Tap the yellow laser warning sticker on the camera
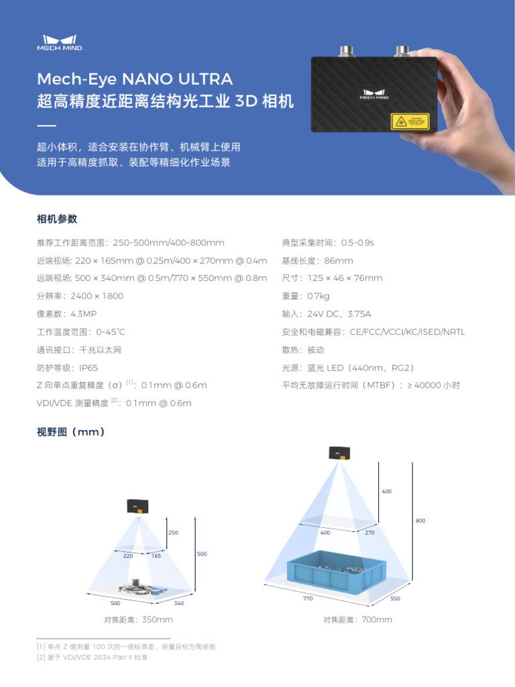click(x=410, y=121)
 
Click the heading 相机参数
click(x=57, y=219)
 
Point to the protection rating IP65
click(x=89, y=368)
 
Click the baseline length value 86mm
click(x=338, y=260)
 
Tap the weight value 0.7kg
click(x=319, y=296)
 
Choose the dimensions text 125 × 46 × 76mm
click(x=345, y=278)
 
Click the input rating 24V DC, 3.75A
click(x=339, y=314)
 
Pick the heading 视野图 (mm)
click(x=70, y=432)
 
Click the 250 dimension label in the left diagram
click(x=173, y=533)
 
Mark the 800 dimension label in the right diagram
click(x=420, y=521)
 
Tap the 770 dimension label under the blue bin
click(x=308, y=598)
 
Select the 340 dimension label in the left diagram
click(x=179, y=604)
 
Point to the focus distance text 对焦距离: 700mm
click(x=357, y=620)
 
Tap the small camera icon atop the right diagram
click(x=339, y=453)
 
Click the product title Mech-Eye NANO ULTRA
click(x=135, y=79)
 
